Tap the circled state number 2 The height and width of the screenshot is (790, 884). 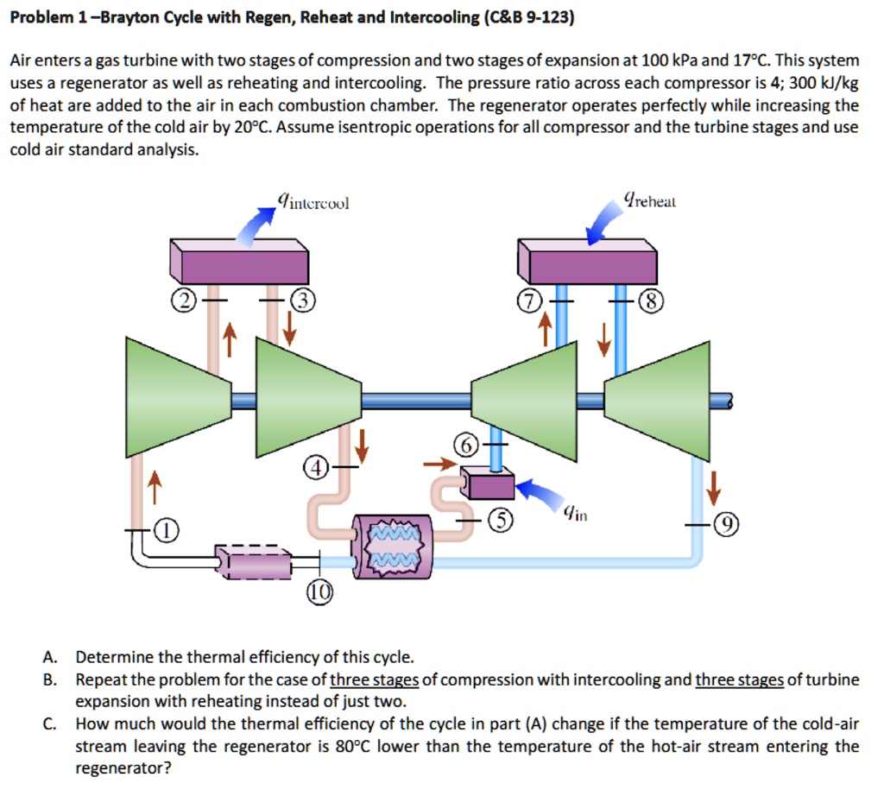(183, 300)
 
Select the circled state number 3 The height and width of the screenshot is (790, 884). (304, 300)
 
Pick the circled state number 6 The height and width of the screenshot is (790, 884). (464, 445)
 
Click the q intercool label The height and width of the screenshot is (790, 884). (313, 203)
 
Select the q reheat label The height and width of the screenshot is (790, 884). (654, 201)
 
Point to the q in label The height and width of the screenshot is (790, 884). (575, 515)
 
